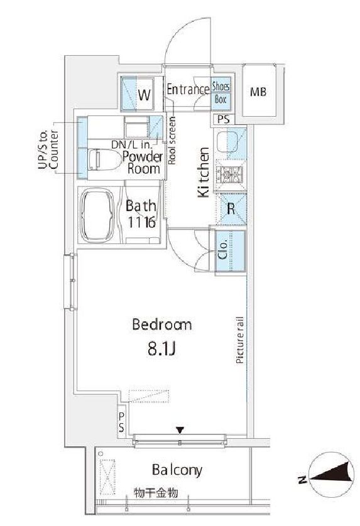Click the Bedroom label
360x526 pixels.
[162, 325]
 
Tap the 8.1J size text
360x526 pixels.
[162, 350]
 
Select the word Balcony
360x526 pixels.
[177, 470]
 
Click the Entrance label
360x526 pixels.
[188, 89]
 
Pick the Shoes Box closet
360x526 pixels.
[221, 93]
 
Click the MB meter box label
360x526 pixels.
[258, 92]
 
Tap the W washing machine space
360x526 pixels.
[138, 94]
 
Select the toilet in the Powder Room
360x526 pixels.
[104, 159]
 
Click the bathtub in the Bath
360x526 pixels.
[97, 215]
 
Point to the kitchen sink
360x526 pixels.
[227, 141]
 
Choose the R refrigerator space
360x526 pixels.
[231, 209]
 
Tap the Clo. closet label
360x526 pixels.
[223, 250]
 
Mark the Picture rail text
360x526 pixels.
[240, 340]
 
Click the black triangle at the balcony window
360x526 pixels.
[180, 430]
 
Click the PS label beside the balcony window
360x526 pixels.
[121, 422]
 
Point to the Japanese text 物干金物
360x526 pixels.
[156, 493]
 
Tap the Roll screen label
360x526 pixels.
[172, 140]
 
